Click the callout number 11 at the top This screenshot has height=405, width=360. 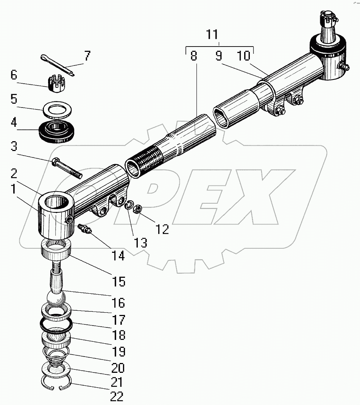(212, 34)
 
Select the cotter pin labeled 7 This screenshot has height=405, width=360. (58, 65)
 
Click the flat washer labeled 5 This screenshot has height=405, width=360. (57, 109)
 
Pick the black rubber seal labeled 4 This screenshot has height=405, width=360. (56, 131)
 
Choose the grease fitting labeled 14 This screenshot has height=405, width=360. (84, 229)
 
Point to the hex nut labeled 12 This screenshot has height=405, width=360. (137, 209)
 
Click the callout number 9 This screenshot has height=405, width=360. (219, 55)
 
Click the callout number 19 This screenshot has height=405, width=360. (118, 351)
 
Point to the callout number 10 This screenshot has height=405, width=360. (243, 56)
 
